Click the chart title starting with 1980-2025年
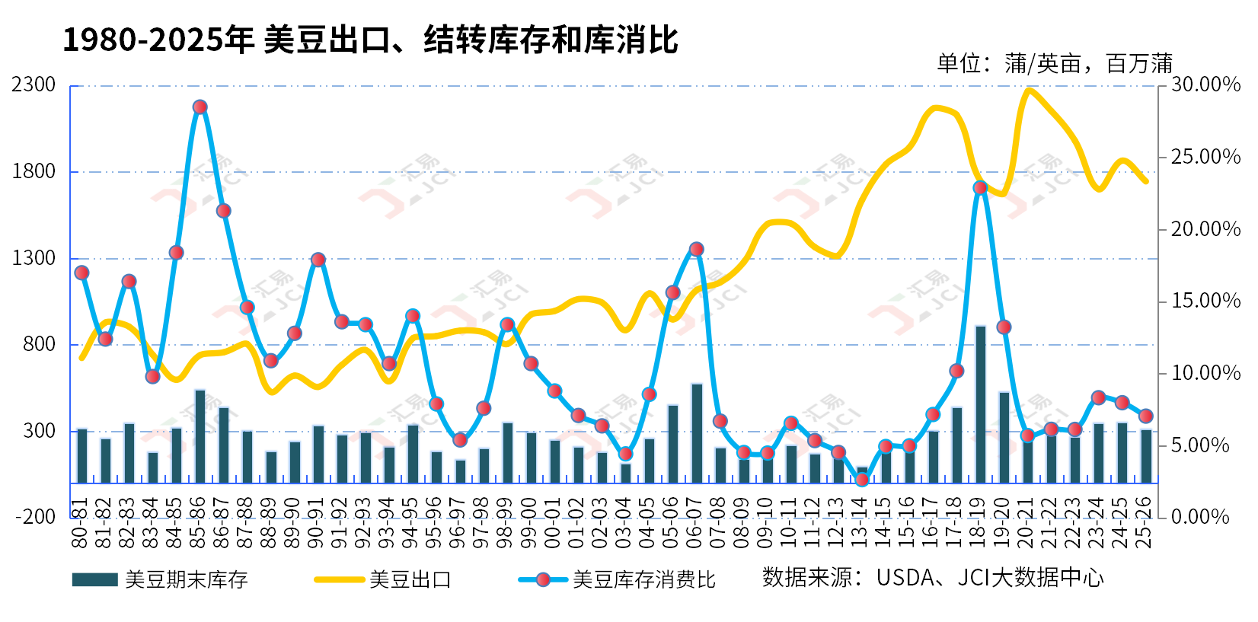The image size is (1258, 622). (x=370, y=40)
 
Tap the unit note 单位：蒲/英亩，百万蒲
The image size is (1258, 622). (x=1054, y=63)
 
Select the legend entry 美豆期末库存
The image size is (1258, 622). (x=186, y=579)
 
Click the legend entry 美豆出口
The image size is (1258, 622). (x=410, y=579)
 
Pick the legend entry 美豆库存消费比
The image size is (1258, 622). (x=643, y=579)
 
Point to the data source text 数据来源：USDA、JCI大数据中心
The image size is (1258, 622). (x=933, y=578)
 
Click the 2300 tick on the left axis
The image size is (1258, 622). (x=34, y=85)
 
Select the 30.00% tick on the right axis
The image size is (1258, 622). (x=1205, y=85)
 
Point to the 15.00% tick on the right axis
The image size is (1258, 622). (x=1205, y=301)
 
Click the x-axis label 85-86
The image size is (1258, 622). (x=199, y=523)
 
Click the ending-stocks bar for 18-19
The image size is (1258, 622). (x=980, y=404)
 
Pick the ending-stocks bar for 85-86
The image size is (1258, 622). (x=200, y=435)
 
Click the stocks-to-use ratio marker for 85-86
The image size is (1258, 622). (x=200, y=107)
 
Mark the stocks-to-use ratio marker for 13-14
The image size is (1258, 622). (x=862, y=480)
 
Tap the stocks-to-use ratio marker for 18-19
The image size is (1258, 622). (x=980, y=187)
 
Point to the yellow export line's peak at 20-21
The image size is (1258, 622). (x=1029, y=90)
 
